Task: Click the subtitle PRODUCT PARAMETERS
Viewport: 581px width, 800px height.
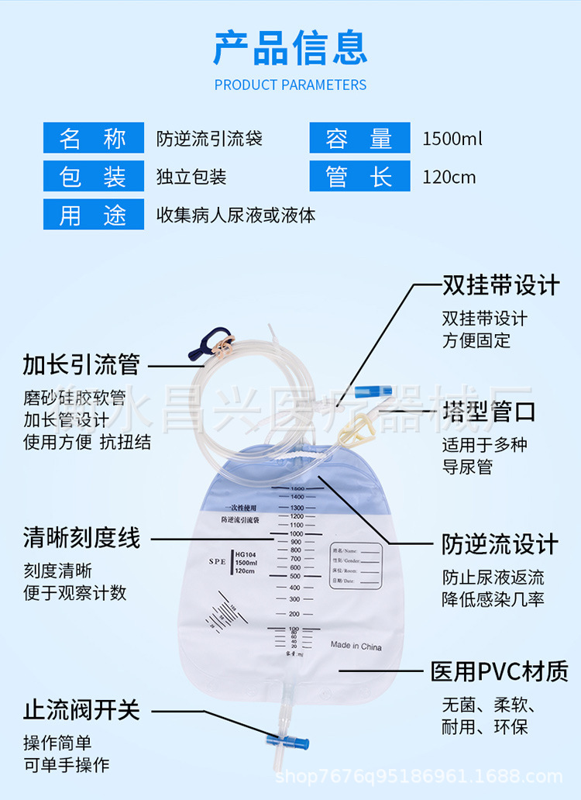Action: pos(290,84)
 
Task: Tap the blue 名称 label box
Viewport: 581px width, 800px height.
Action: pos(93,139)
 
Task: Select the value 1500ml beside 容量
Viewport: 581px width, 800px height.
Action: pos(452,140)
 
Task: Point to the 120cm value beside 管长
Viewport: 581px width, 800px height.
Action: pos(449,178)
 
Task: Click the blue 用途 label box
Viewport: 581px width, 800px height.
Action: pos(93,215)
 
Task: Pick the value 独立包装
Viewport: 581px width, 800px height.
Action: pos(191,178)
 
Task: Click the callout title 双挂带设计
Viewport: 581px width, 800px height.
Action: pos(500,284)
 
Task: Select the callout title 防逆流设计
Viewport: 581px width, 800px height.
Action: pos(500,543)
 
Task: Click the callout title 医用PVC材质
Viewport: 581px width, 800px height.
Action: pos(500,671)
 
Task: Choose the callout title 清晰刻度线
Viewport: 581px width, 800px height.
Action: pos(81,537)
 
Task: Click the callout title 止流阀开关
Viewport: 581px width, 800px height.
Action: pos(81,709)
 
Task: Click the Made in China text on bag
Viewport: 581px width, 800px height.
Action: pos(356,645)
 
